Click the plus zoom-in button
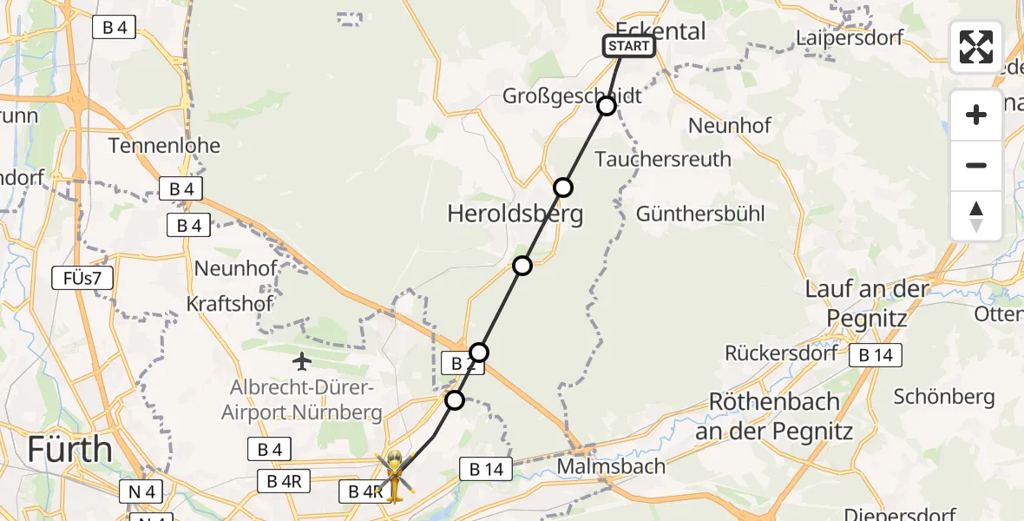pyautogui.click(x=976, y=115)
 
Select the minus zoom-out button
pyautogui.click(x=976, y=165)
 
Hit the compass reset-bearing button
pyautogui.click(x=976, y=215)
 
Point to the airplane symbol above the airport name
pyautogui.click(x=302, y=360)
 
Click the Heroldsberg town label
pyautogui.click(x=515, y=214)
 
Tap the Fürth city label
pyautogui.click(x=69, y=450)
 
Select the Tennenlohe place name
pyautogui.click(x=164, y=145)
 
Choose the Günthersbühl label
pyautogui.click(x=700, y=214)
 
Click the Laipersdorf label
pyautogui.click(x=850, y=37)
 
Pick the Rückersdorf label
pyautogui.click(x=782, y=353)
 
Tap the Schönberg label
pyautogui.click(x=944, y=397)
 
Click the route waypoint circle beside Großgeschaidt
pyautogui.click(x=607, y=106)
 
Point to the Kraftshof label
pyautogui.click(x=230, y=304)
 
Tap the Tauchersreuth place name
pyautogui.click(x=663, y=159)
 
